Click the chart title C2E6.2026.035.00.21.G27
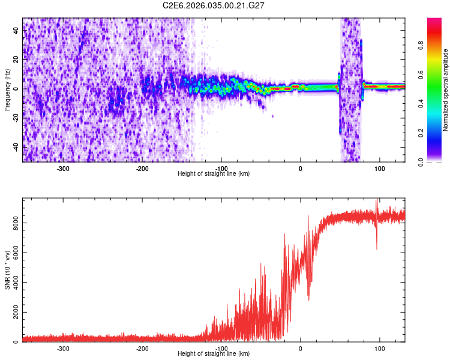(214, 5)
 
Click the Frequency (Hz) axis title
(7, 89)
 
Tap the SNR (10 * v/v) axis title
(7, 270)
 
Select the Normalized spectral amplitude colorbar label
(446, 90)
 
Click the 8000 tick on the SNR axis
(13, 223)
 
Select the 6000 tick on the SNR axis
(13, 253)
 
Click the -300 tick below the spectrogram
(64, 169)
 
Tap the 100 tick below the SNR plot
(379, 349)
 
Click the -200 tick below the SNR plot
(142, 349)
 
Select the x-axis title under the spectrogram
(214, 174)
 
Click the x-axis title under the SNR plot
(214, 354)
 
